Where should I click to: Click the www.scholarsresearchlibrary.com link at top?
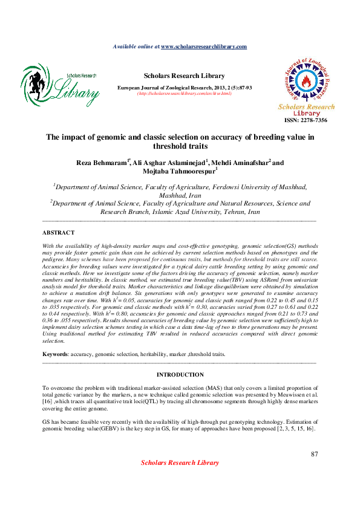click(204, 47)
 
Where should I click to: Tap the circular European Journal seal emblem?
click(306, 81)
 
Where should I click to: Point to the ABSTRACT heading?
click(58, 232)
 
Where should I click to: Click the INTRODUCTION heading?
click(179, 375)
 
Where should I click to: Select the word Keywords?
click(55, 354)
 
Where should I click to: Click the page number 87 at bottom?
click(314, 454)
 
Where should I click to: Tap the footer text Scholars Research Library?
click(180, 462)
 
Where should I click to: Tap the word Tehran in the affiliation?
click(233, 212)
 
